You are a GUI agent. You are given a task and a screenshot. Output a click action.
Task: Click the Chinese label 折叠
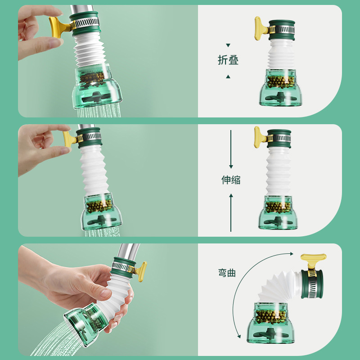[228, 61]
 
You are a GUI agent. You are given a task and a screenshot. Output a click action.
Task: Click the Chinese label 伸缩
[231, 180]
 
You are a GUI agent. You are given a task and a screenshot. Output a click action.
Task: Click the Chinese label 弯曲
[227, 273]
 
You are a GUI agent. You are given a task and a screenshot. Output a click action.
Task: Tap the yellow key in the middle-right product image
[260, 137]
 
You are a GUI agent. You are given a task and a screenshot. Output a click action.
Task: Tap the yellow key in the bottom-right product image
[313, 260]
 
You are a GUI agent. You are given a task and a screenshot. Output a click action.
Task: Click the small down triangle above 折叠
[228, 45]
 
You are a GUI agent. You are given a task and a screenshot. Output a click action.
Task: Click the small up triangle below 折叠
[228, 76]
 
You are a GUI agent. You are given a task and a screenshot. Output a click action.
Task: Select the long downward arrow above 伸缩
[231, 148]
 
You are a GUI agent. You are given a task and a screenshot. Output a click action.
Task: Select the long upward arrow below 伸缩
[231, 211]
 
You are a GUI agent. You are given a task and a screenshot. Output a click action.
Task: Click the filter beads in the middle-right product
[278, 207]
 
